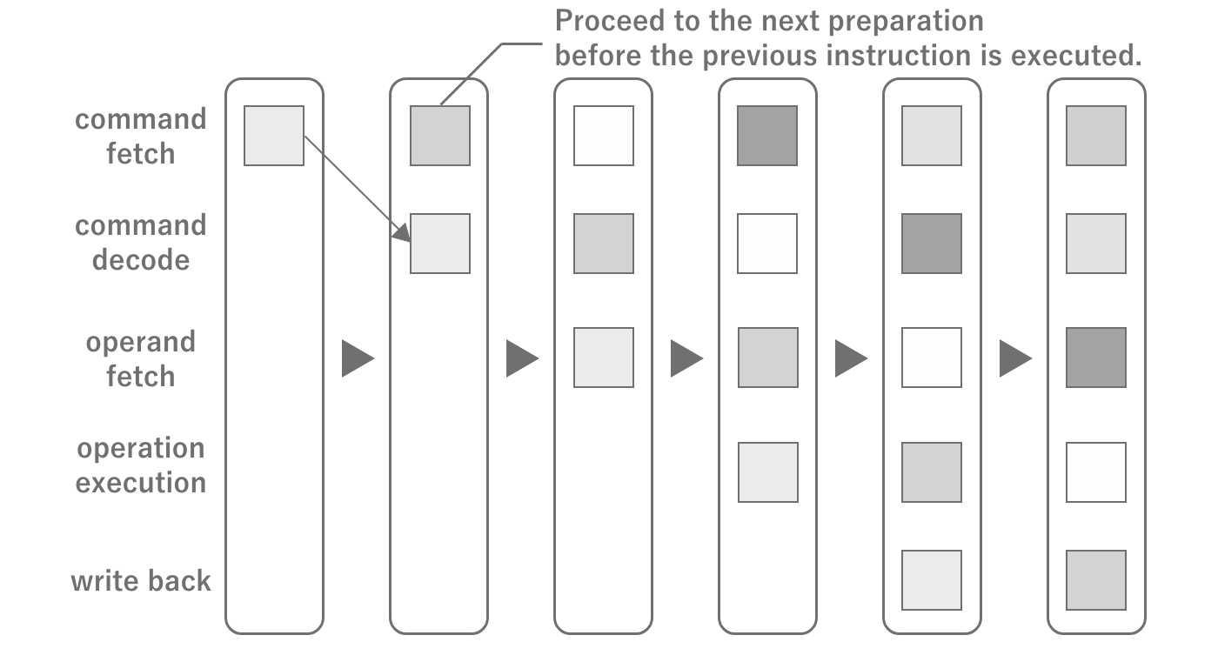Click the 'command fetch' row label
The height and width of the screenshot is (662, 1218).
click(x=140, y=136)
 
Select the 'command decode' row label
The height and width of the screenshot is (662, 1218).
click(x=140, y=243)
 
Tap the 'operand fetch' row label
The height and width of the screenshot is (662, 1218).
click(x=140, y=358)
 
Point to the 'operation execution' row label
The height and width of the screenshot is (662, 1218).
click(x=140, y=465)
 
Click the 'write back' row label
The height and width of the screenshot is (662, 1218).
click(x=140, y=580)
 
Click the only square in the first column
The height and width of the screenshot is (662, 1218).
click(x=274, y=136)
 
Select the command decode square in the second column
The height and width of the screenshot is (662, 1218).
click(x=439, y=244)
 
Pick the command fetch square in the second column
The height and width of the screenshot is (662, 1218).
click(x=439, y=136)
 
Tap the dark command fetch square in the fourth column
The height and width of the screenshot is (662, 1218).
click(x=767, y=136)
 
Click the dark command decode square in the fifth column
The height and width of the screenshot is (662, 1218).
click(x=932, y=244)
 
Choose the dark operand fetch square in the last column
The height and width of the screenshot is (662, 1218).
click(x=1096, y=358)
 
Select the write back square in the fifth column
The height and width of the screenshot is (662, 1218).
click(x=932, y=580)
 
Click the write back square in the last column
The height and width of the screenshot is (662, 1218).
click(x=1096, y=580)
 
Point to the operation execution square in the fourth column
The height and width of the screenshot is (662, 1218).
click(x=768, y=472)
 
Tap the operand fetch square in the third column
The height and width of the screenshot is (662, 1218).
click(x=604, y=358)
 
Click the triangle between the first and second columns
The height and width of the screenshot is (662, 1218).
click(x=356, y=358)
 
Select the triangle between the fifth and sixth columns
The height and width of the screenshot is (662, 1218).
click(x=1014, y=358)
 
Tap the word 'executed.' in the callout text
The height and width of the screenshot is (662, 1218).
click(x=1070, y=56)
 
